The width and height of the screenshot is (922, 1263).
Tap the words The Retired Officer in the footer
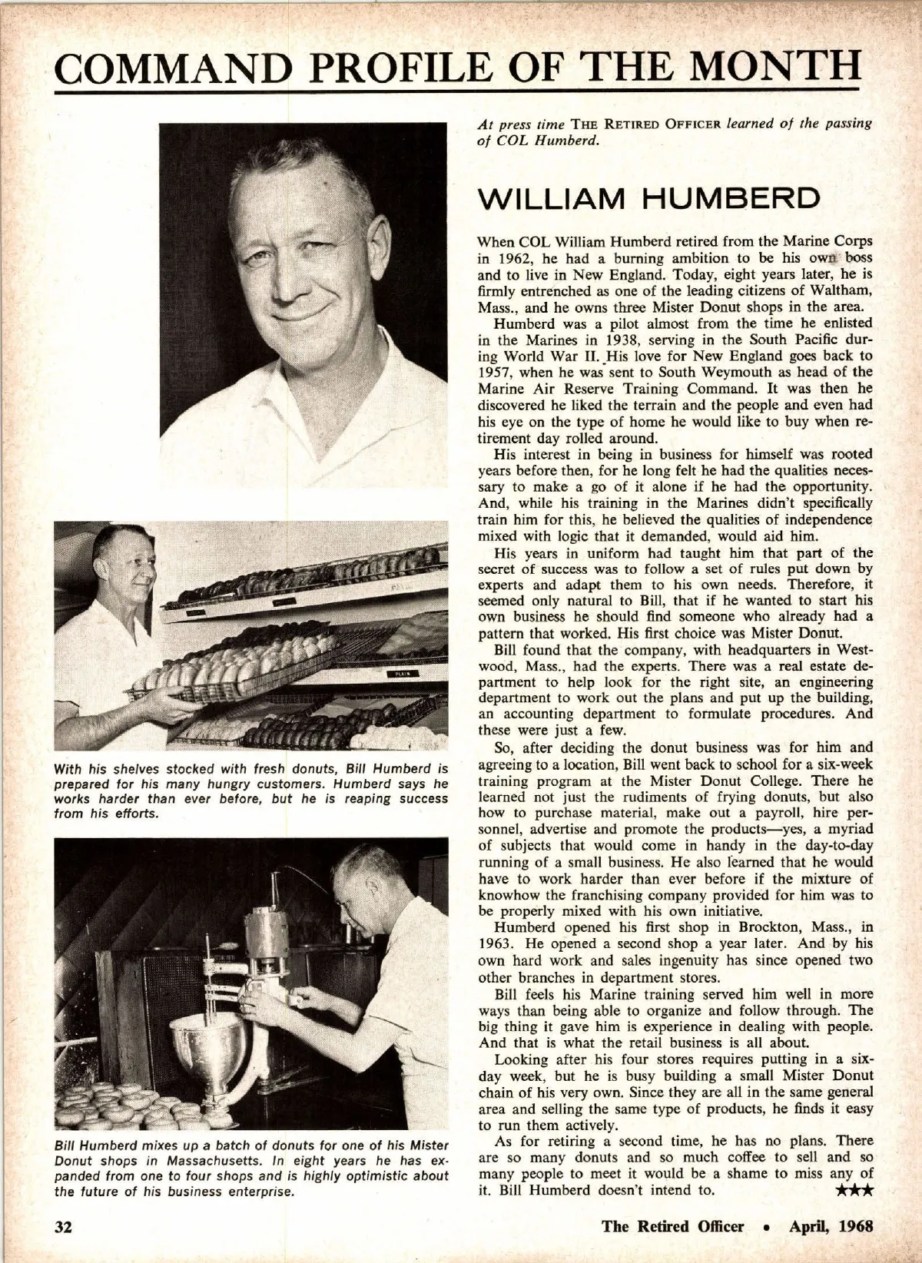coord(673,1225)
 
